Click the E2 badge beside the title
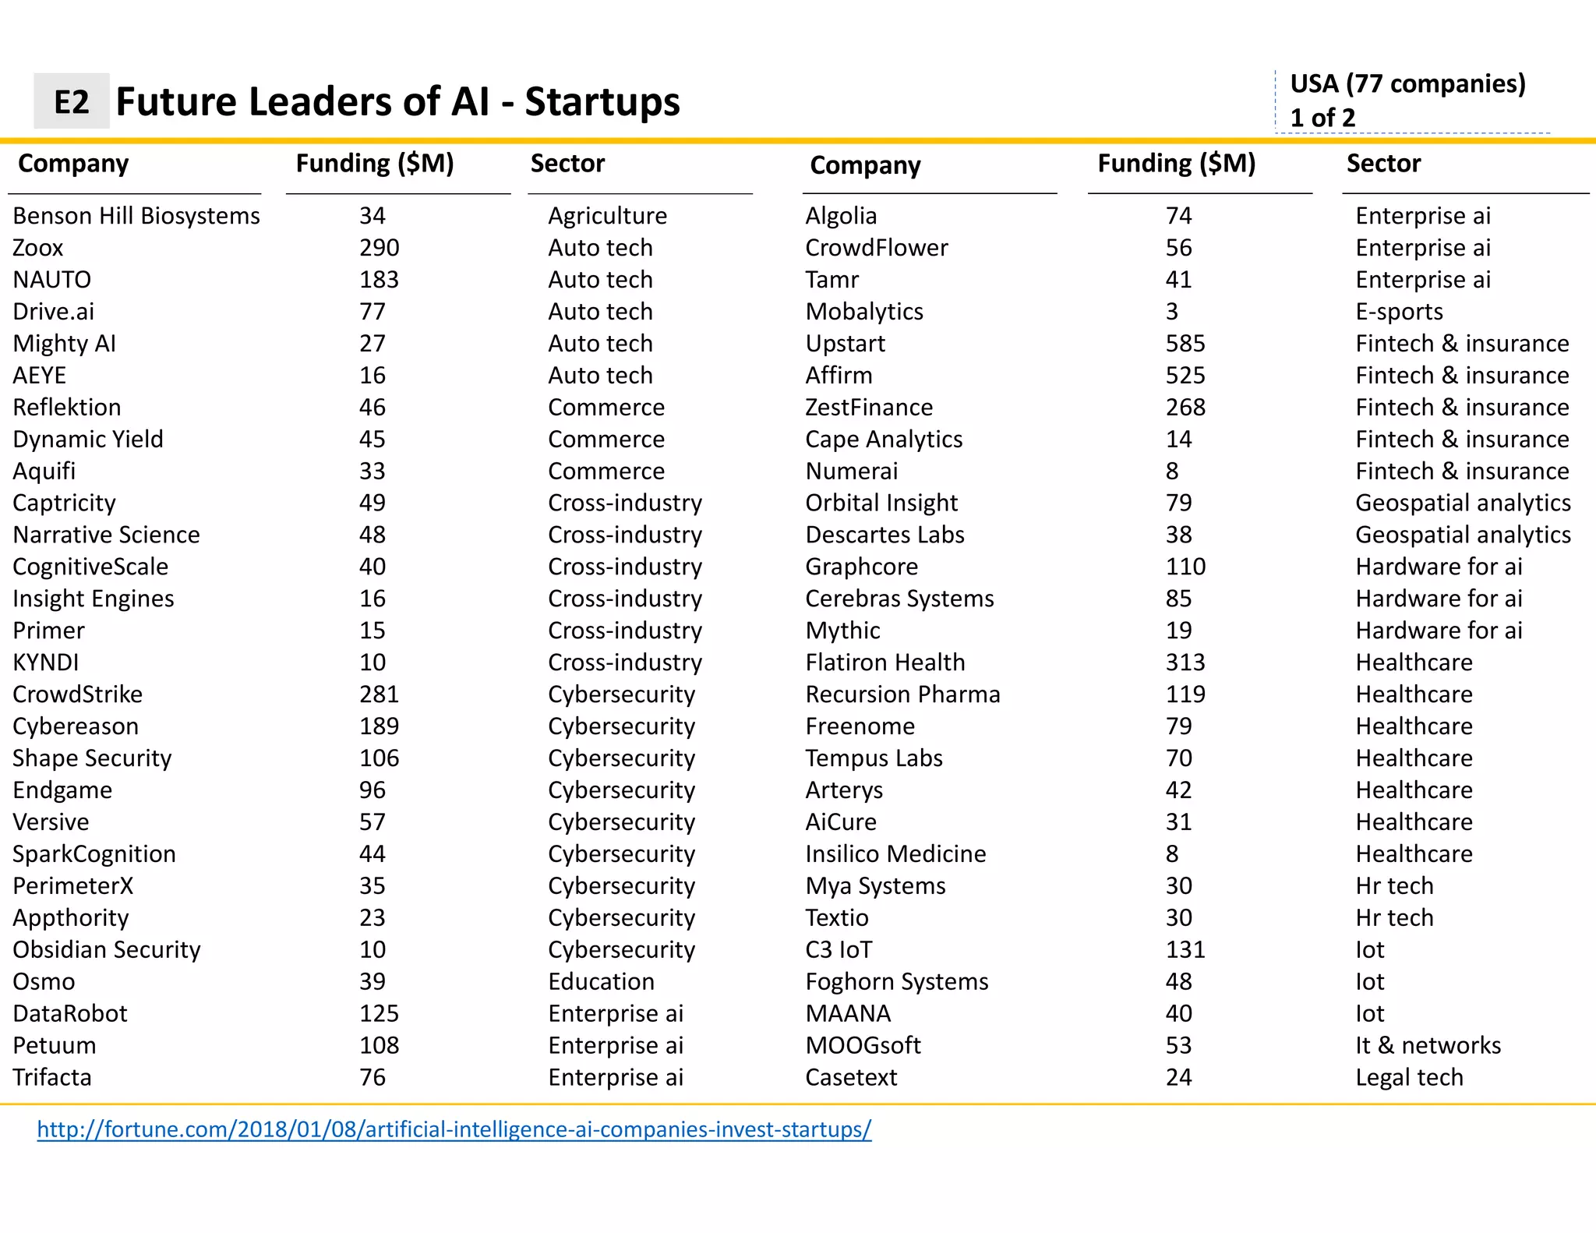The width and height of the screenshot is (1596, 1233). point(71,101)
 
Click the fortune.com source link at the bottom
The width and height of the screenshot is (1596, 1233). point(454,1129)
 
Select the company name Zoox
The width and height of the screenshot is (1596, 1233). point(37,248)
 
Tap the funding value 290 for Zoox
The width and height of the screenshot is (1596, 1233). point(379,248)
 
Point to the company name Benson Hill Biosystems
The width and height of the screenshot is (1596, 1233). point(136,216)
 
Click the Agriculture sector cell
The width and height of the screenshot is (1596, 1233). point(607,216)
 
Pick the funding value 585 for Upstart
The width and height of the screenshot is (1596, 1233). point(1185,344)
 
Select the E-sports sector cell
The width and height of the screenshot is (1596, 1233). point(1399,312)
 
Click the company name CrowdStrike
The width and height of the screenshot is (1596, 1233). point(77,694)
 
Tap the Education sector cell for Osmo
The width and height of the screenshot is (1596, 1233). point(601,981)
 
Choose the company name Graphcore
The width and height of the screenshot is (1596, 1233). point(861,567)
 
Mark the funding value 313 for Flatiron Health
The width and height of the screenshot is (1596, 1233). point(1185,662)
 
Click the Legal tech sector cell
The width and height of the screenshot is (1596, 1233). point(1409,1077)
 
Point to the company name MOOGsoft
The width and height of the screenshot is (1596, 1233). point(863,1045)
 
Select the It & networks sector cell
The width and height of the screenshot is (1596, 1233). point(1428,1045)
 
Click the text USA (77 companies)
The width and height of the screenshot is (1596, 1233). point(1407,83)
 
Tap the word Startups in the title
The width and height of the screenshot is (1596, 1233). point(602,101)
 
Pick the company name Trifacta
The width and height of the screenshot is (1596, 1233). point(51,1077)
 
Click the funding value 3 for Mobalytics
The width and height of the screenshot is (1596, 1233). point(1171,312)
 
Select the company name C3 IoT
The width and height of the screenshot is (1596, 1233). point(839,949)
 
